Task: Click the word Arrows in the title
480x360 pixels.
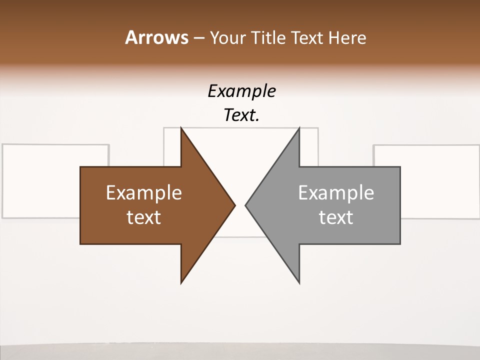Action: coord(156,37)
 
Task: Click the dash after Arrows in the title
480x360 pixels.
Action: coord(197,38)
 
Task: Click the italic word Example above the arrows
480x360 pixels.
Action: coord(241,91)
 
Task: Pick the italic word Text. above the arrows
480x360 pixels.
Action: coord(241,115)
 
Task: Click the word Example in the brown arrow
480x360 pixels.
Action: coord(144,193)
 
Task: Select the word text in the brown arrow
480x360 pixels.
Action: coord(144,217)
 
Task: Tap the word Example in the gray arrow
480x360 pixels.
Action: coord(336,193)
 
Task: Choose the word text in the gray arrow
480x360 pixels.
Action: coord(336,217)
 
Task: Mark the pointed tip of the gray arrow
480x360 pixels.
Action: coord(246,205)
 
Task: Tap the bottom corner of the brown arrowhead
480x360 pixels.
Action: coord(181,282)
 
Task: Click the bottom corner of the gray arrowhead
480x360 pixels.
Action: coord(299,282)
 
